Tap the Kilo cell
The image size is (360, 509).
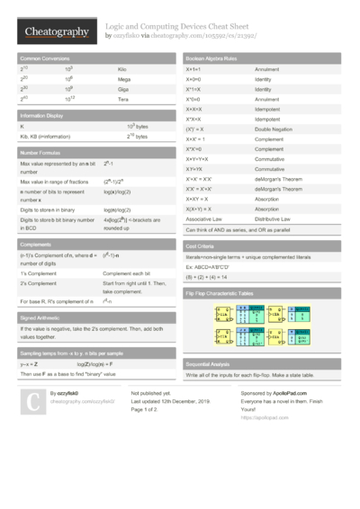[123, 68]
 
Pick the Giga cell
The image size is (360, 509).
[123, 90]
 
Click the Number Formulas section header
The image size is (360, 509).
[41, 153]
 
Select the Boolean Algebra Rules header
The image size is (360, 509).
[211, 57]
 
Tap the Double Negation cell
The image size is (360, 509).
[275, 130]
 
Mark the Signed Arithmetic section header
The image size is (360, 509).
[41, 317]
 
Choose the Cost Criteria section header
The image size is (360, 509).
[200, 245]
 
